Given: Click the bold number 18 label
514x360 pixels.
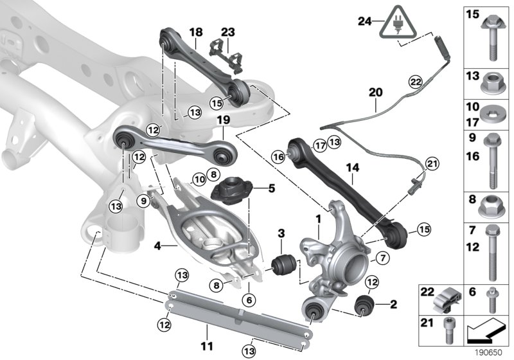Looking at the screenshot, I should point(196,32).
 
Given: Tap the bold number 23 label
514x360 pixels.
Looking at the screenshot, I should point(229,32).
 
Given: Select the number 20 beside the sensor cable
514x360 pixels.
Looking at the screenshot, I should point(376,93).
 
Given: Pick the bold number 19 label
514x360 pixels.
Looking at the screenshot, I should point(223,120).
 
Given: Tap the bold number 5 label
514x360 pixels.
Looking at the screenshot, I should point(253,188).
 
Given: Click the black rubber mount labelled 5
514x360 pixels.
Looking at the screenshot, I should point(229,190).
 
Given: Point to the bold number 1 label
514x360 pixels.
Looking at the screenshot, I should point(317,220).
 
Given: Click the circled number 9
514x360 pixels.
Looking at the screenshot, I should point(144,201).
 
